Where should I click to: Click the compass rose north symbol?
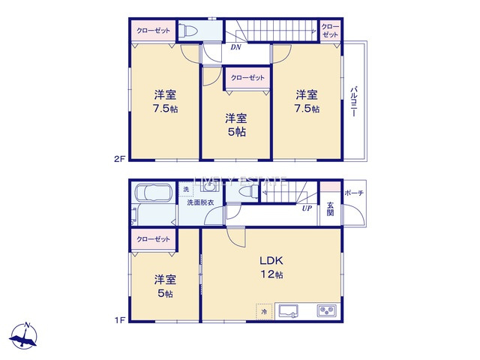[x=27, y=335]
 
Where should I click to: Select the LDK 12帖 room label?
[x=271, y=268]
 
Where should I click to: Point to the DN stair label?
[x=235, y=47]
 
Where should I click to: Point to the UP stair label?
[x=307, y=208]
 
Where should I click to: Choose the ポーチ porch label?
[x=354, y=193]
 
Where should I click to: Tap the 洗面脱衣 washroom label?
[x=200, y=202]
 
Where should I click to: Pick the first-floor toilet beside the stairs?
[x=244, y=192]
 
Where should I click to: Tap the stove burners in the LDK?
[x=326, y=310]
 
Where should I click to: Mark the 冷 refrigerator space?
[x=263, y=309]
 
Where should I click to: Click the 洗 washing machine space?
[x=187, y=189]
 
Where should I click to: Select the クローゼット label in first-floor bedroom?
[x=152, y=238]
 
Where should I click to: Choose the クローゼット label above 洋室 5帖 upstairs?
[x=247, y=77]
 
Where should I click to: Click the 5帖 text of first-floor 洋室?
[x=165, y=294]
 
